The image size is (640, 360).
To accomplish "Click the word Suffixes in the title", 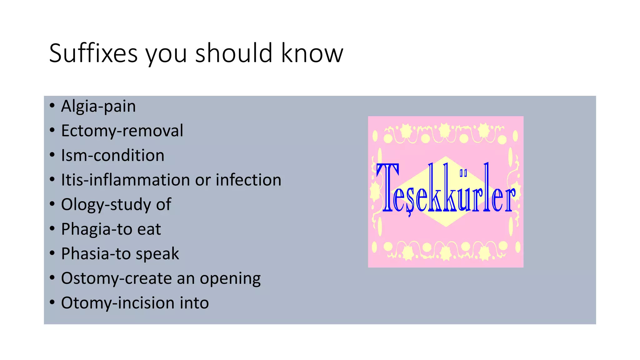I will click(93, 53).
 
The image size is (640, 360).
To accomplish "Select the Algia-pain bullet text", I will click(98, 106).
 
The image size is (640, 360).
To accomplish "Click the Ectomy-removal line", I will click(122, 131).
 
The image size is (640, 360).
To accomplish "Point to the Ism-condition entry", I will click(112, 155).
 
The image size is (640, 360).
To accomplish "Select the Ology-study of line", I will click(116, 204).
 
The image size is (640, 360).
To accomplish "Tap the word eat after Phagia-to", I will click(149, 229).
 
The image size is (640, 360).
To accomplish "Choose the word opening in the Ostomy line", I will click(230, 278).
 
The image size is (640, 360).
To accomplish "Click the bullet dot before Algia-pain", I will click(52, 106).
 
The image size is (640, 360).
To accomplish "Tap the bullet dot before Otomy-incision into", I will click(52, 302).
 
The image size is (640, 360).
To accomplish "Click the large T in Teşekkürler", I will click(387, 187).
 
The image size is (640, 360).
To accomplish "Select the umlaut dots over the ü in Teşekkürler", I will click(463, 173).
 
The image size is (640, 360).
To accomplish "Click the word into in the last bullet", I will click(194, 303).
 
